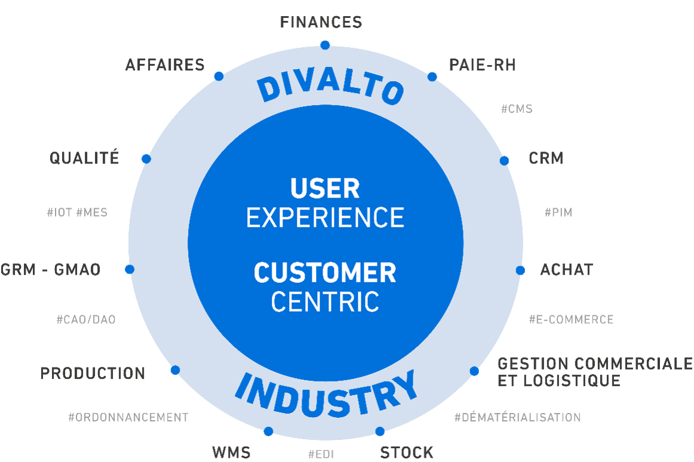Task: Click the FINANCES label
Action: click(x=321, y=23)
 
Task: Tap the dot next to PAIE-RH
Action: click(x=432, y=77)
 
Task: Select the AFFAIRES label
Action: click(x=165, y=65)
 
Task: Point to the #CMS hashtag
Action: click(x=516, y=109)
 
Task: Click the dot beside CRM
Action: click(x=504, y=160)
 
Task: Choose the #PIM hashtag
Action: click(x=558, y=212)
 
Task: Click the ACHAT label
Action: click(x=566, y=270)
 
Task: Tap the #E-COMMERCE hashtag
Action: click(x=570, y=319)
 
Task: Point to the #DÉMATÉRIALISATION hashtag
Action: click(x=517, y=417)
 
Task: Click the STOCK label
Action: click(x=407, y=452)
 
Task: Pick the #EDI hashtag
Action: click(x=321, y=454)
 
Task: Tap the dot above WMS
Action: click(x=268, y=432)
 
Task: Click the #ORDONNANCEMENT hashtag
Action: click(x=128, y=417)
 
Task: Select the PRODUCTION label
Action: click(x=93, y=374)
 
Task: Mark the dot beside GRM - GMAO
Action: click(x=130, y=269)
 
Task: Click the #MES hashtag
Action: click(x=92, y=212)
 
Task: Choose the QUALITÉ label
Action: click(x=84, y=158)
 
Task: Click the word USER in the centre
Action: click(x=325, y=189)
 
